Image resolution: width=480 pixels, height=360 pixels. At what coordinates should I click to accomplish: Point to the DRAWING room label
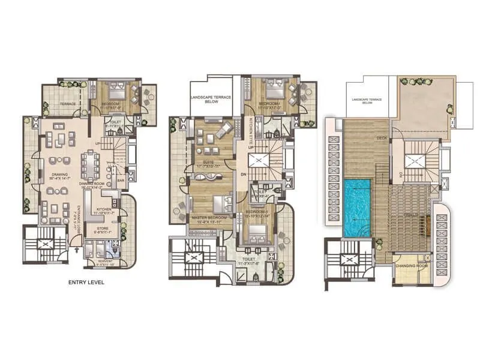59,175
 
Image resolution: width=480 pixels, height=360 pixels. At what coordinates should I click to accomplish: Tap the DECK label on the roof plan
382,137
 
